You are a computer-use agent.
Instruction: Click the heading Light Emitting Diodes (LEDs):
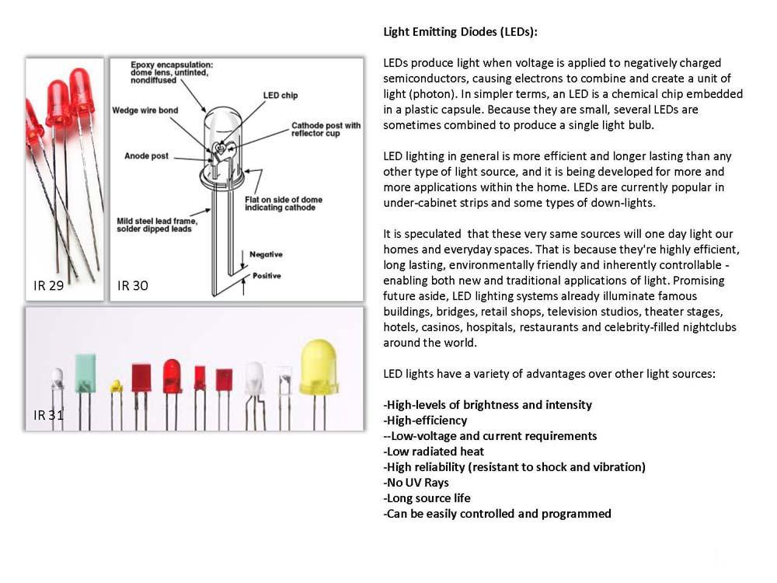click(460, 32)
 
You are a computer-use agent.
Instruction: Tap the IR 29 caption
click(48, 285)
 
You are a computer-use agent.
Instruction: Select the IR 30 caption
click(133, 285)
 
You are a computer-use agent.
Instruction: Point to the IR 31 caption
click(48, 415)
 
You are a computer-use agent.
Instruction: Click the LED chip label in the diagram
click(280, 95)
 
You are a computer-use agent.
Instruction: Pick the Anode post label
click(147, 155)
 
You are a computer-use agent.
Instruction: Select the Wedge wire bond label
click(145, 110)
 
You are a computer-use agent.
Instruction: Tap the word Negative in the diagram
click(266, 254)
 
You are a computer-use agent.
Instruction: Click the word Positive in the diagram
click(267, 276)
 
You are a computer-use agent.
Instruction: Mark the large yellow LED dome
click(319, 367)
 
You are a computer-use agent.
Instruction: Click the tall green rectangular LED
click(85, 373)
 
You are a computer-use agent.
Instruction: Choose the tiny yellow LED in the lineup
click(116, 386)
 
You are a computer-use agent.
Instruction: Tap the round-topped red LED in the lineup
click(172, 376)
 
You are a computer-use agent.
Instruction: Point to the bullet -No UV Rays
click(416, 483)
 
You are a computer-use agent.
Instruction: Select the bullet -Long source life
click(427, 497)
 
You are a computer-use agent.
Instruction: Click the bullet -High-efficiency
click(425, 421)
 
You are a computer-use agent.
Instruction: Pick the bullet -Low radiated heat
click(434, 451)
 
